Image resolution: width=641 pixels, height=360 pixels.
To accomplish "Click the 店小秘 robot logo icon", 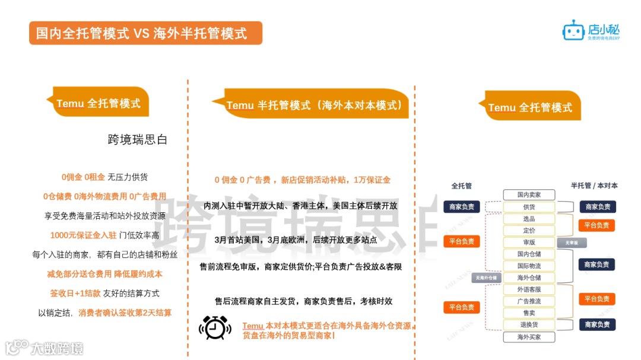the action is pos(573,30).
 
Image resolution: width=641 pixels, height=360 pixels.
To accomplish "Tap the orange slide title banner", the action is pos(145,33).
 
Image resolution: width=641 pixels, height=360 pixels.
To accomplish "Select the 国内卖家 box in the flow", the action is pos(528,195).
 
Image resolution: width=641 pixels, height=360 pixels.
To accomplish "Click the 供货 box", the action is pos(528,207).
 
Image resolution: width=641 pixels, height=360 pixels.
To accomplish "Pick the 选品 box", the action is pos(528,219).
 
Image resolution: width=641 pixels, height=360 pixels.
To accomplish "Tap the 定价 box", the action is pos(528,230).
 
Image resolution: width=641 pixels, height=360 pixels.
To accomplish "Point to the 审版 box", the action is pos(528,242).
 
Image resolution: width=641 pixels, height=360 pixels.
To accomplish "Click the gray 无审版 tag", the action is pos(571,243).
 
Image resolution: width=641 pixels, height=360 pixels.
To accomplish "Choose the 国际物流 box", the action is pos(528,266).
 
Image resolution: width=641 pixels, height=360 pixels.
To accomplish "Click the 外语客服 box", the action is pos(528,289).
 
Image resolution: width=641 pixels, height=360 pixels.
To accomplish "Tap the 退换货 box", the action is pos(528,324).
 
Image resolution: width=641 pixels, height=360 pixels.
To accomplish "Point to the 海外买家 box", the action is pos(528,337).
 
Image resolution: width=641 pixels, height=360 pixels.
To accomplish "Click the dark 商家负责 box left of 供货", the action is pos(462,207).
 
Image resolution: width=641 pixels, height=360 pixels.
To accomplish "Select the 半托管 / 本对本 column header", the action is pos(594,186).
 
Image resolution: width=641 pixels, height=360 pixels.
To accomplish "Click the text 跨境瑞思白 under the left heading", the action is pos(138,140).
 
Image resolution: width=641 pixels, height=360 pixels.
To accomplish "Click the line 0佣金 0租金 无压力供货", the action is pos(104,177).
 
